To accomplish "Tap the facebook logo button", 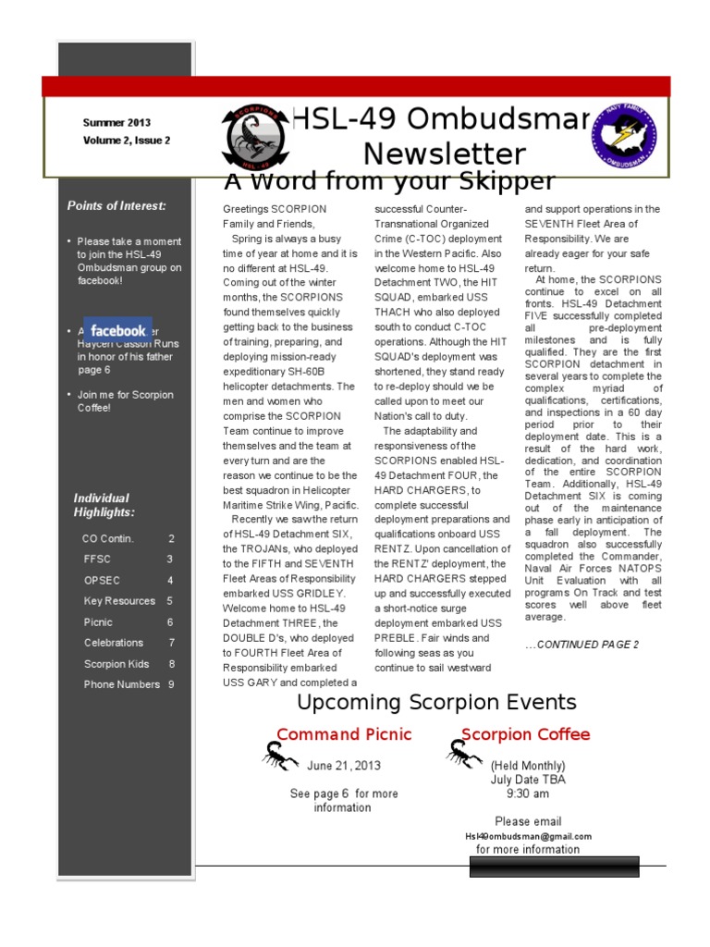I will coord(118,330).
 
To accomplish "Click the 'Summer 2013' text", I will coord(116,122).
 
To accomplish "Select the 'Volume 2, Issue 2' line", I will coord(126,141).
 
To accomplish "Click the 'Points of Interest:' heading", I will coord(116,205).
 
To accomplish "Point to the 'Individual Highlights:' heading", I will coord(104,505).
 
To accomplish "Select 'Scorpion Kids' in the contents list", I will coord(116,663).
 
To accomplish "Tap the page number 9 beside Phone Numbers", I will coord(171,684).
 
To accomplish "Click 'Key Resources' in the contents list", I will coord(119,601).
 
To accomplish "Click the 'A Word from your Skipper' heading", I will coord(389,180).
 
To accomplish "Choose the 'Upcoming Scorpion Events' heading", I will coord(436,702).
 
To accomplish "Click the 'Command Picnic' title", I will coord(344,734).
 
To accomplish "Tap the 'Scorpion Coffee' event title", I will coord(525,734).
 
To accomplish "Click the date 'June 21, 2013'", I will coord(343,766).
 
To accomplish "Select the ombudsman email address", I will coord(528,836).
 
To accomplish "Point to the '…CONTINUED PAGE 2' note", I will coord(581,645).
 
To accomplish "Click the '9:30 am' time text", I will coord(527,793).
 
